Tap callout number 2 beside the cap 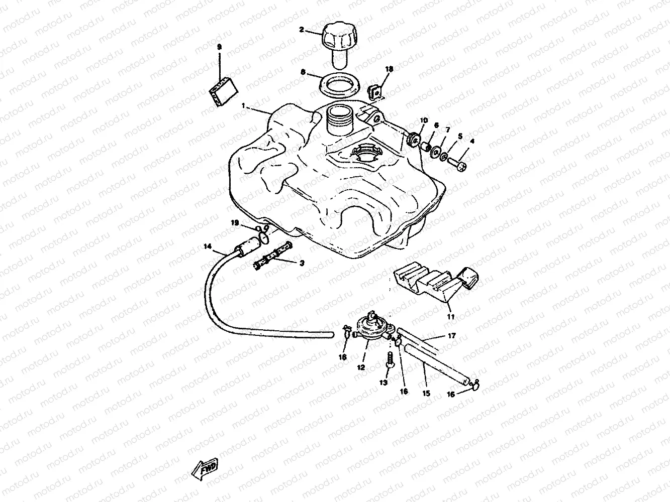pos(302,30)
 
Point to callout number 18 pos(389,68)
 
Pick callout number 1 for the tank pos(244,106)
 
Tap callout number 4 pos(471,142)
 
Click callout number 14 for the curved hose pos(207,246)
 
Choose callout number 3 pos(302,263)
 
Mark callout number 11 pos(450,317)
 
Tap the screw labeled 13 pos(389,360)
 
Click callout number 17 pos(451,336)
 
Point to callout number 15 pos(426,394)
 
